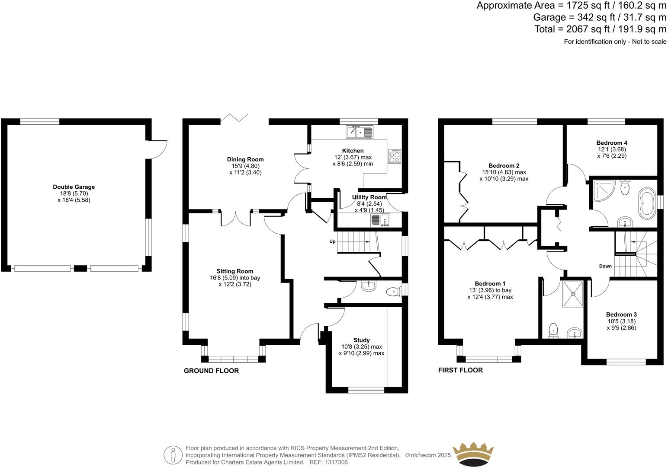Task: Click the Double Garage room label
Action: click(74, 187)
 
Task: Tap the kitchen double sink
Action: click(360, 131)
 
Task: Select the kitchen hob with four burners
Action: click(395, 156)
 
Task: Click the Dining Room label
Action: click(245, 159)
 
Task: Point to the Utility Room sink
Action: click(380, 220)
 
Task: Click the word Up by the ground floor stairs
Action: click(332, 241)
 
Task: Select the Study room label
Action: click(361, 340)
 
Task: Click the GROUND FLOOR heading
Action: click(211, 371)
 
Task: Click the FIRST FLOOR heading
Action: click(460, 370)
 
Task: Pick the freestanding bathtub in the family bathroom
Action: click(647, 202)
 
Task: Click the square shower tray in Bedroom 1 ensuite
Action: click(573, 293)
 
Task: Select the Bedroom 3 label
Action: click(621, 314)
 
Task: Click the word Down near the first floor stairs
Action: click(605, 266)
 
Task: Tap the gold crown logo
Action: click(472, 454)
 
